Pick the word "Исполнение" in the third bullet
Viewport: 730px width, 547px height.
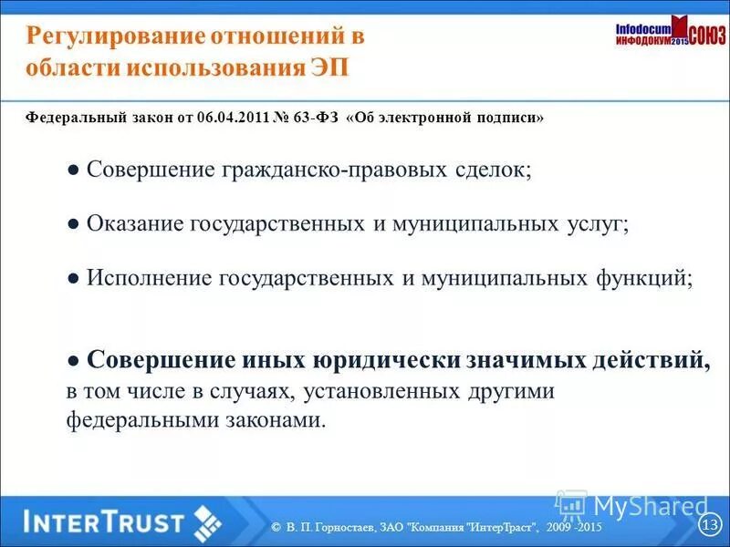click(x=149, y=278)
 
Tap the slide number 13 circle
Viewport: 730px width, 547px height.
click(x=710, y=524)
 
